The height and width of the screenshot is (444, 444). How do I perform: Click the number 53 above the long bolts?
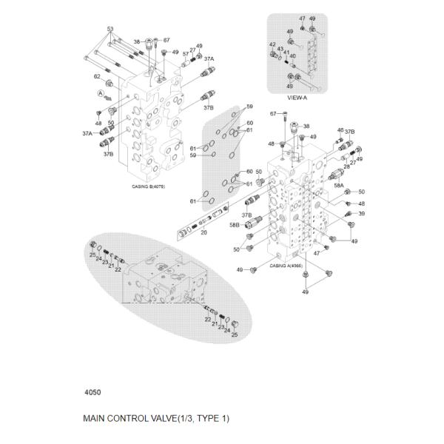pos(110,29)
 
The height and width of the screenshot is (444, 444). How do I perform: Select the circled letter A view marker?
pos(99,92)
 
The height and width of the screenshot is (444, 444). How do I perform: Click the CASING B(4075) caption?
pos(149,186)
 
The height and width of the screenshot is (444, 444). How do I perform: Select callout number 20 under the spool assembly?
pos(203,233)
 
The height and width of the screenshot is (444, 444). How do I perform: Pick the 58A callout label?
pos(339,186)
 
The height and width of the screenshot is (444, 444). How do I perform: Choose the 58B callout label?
pos(235,224)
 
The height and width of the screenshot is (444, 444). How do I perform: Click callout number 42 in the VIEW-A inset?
pos(272,45)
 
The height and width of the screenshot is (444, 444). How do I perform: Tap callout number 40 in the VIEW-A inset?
pos(293,56)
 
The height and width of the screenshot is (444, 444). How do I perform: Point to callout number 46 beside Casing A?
pos(340,129)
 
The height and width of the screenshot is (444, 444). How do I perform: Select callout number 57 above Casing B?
pos(186,53)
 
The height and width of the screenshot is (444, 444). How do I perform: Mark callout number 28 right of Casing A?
pos(346,167)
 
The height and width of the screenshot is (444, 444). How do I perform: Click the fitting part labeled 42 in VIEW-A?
pos(276,55)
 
